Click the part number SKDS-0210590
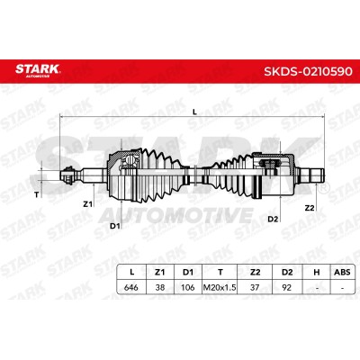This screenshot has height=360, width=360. tap(308, 72)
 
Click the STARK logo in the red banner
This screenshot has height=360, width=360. tap(38, 69)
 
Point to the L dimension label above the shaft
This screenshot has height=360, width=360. tap(194, 112)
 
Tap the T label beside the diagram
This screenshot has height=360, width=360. tap(37, 195)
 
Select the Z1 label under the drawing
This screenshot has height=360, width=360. tap(87, 204)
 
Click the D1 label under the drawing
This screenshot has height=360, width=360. tap(115, 226)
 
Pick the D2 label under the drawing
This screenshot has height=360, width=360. tap(273, 220)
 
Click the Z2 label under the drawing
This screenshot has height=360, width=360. tap(310, 208)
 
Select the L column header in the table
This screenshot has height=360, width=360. tap(131, 272)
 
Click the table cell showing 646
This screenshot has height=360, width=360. tap(131, 287)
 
